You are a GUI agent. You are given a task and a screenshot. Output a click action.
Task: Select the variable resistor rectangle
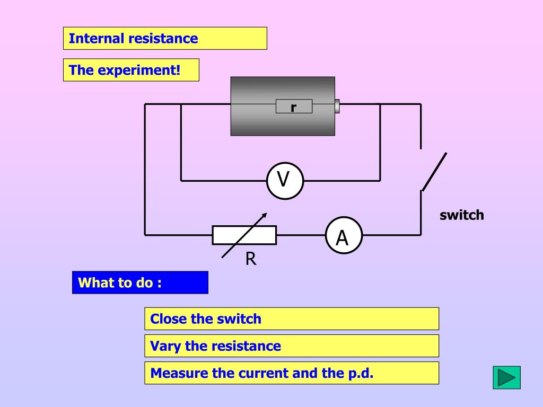(x=244, y=235)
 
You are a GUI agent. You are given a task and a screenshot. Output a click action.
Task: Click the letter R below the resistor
(x=251, y=259)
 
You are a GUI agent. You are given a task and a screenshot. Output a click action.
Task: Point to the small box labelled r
(x=294, y=106)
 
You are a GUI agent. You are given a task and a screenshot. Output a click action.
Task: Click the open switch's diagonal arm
(x=434, y=172)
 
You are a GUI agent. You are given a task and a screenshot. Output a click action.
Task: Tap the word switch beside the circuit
(x=462, y=215)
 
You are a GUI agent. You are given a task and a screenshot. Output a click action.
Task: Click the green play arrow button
(x=506, y=377)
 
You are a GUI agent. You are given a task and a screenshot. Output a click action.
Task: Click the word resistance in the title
(x=161, y=38)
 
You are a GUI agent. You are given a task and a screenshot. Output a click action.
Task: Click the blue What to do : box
(x=140, y=283)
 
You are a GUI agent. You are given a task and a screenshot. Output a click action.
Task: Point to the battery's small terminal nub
(x=337, y=106)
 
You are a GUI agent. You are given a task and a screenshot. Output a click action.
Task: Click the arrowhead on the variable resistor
(x=264, y=215)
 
